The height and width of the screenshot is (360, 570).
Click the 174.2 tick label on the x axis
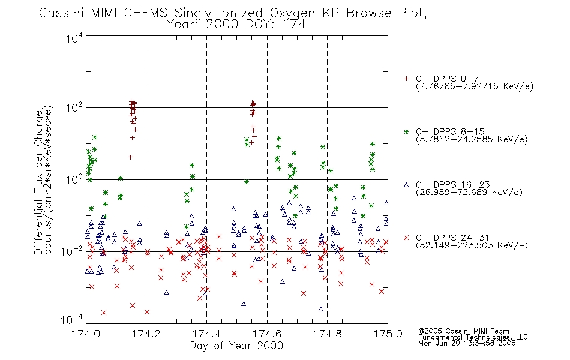[146, 334]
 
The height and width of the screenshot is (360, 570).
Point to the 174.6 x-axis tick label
[267, 334]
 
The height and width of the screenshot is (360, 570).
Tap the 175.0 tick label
[388, 334]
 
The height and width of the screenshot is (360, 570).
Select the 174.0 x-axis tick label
[86, 334]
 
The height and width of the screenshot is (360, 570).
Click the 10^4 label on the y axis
[74, 38]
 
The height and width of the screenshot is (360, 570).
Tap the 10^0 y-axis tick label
[74, 179]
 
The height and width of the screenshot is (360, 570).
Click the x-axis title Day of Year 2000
[236, 346]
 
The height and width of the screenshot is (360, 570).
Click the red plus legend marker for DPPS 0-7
[406, 79]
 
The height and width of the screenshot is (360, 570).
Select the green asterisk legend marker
[406, 132]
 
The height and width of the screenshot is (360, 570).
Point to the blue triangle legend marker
[406, 185]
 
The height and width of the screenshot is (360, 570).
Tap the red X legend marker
[406, 238]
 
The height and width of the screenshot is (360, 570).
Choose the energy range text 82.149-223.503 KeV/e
[472, 245]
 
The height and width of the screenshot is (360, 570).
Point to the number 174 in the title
[294, 25]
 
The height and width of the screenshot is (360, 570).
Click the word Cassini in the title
[62, 13]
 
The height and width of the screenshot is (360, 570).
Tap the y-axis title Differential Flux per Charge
[38, 182]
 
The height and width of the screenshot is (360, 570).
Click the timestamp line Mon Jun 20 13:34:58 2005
[467, 343]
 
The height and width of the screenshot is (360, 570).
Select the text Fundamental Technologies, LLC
[473, 337]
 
